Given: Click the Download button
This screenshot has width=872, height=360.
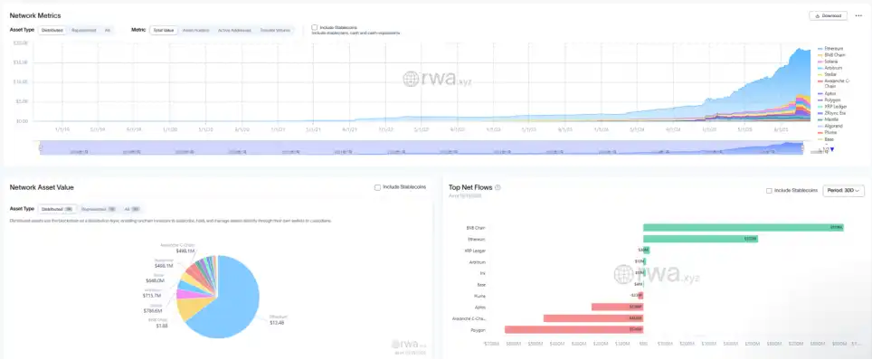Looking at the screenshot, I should [x=827, y=15].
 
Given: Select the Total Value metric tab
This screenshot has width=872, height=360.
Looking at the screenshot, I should [x=164, y=30].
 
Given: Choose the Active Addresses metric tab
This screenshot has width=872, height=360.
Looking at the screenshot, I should [x=233, y=30].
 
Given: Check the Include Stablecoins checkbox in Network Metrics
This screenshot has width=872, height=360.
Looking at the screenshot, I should [x=314, y=27].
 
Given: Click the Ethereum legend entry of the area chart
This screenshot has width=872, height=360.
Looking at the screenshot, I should [x=833, y=48].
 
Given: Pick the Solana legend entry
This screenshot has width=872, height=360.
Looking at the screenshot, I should [x=831, y=60].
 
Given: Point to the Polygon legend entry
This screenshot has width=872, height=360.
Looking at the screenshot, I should [x=831, y=100].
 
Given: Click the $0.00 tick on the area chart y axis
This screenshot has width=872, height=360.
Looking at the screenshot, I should [x=22, y=120].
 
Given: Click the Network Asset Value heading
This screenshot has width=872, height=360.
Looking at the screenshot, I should [x=42, y=187].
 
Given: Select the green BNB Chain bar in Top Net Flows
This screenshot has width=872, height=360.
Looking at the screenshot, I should [x=743, y=227].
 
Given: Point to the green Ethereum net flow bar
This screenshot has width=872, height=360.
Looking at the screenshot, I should [x=700, y=239].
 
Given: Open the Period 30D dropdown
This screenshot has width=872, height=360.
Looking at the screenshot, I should [x=844, y=191].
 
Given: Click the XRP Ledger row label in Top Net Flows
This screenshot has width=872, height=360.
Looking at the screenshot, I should [x=474, y=250].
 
